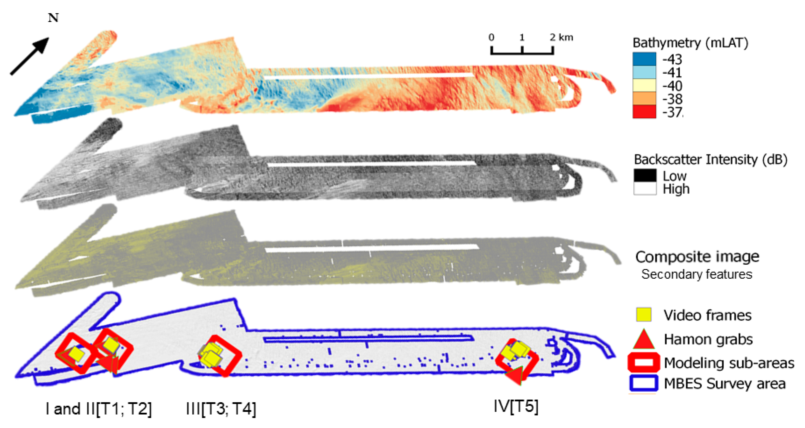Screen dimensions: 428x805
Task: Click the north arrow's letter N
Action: click(x=53, y=18)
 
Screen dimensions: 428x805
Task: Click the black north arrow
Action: click(x=30, y=56)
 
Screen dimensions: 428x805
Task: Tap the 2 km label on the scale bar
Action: click(x=562, y=37)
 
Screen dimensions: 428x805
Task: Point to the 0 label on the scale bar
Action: click(x=491, y=37)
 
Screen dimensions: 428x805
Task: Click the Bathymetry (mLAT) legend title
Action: click(x=690, y=43)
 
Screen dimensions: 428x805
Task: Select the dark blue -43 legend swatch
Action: click(x=644, y=59)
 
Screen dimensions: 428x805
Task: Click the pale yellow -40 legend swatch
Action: click(x=644, y=85)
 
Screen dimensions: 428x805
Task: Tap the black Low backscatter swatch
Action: click(x=645, y=175)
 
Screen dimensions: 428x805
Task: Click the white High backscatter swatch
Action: click(x=645, y=189)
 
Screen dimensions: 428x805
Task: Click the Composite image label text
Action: click(x=697, y=257)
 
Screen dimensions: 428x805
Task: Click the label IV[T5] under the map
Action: click(x=516, y=407)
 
